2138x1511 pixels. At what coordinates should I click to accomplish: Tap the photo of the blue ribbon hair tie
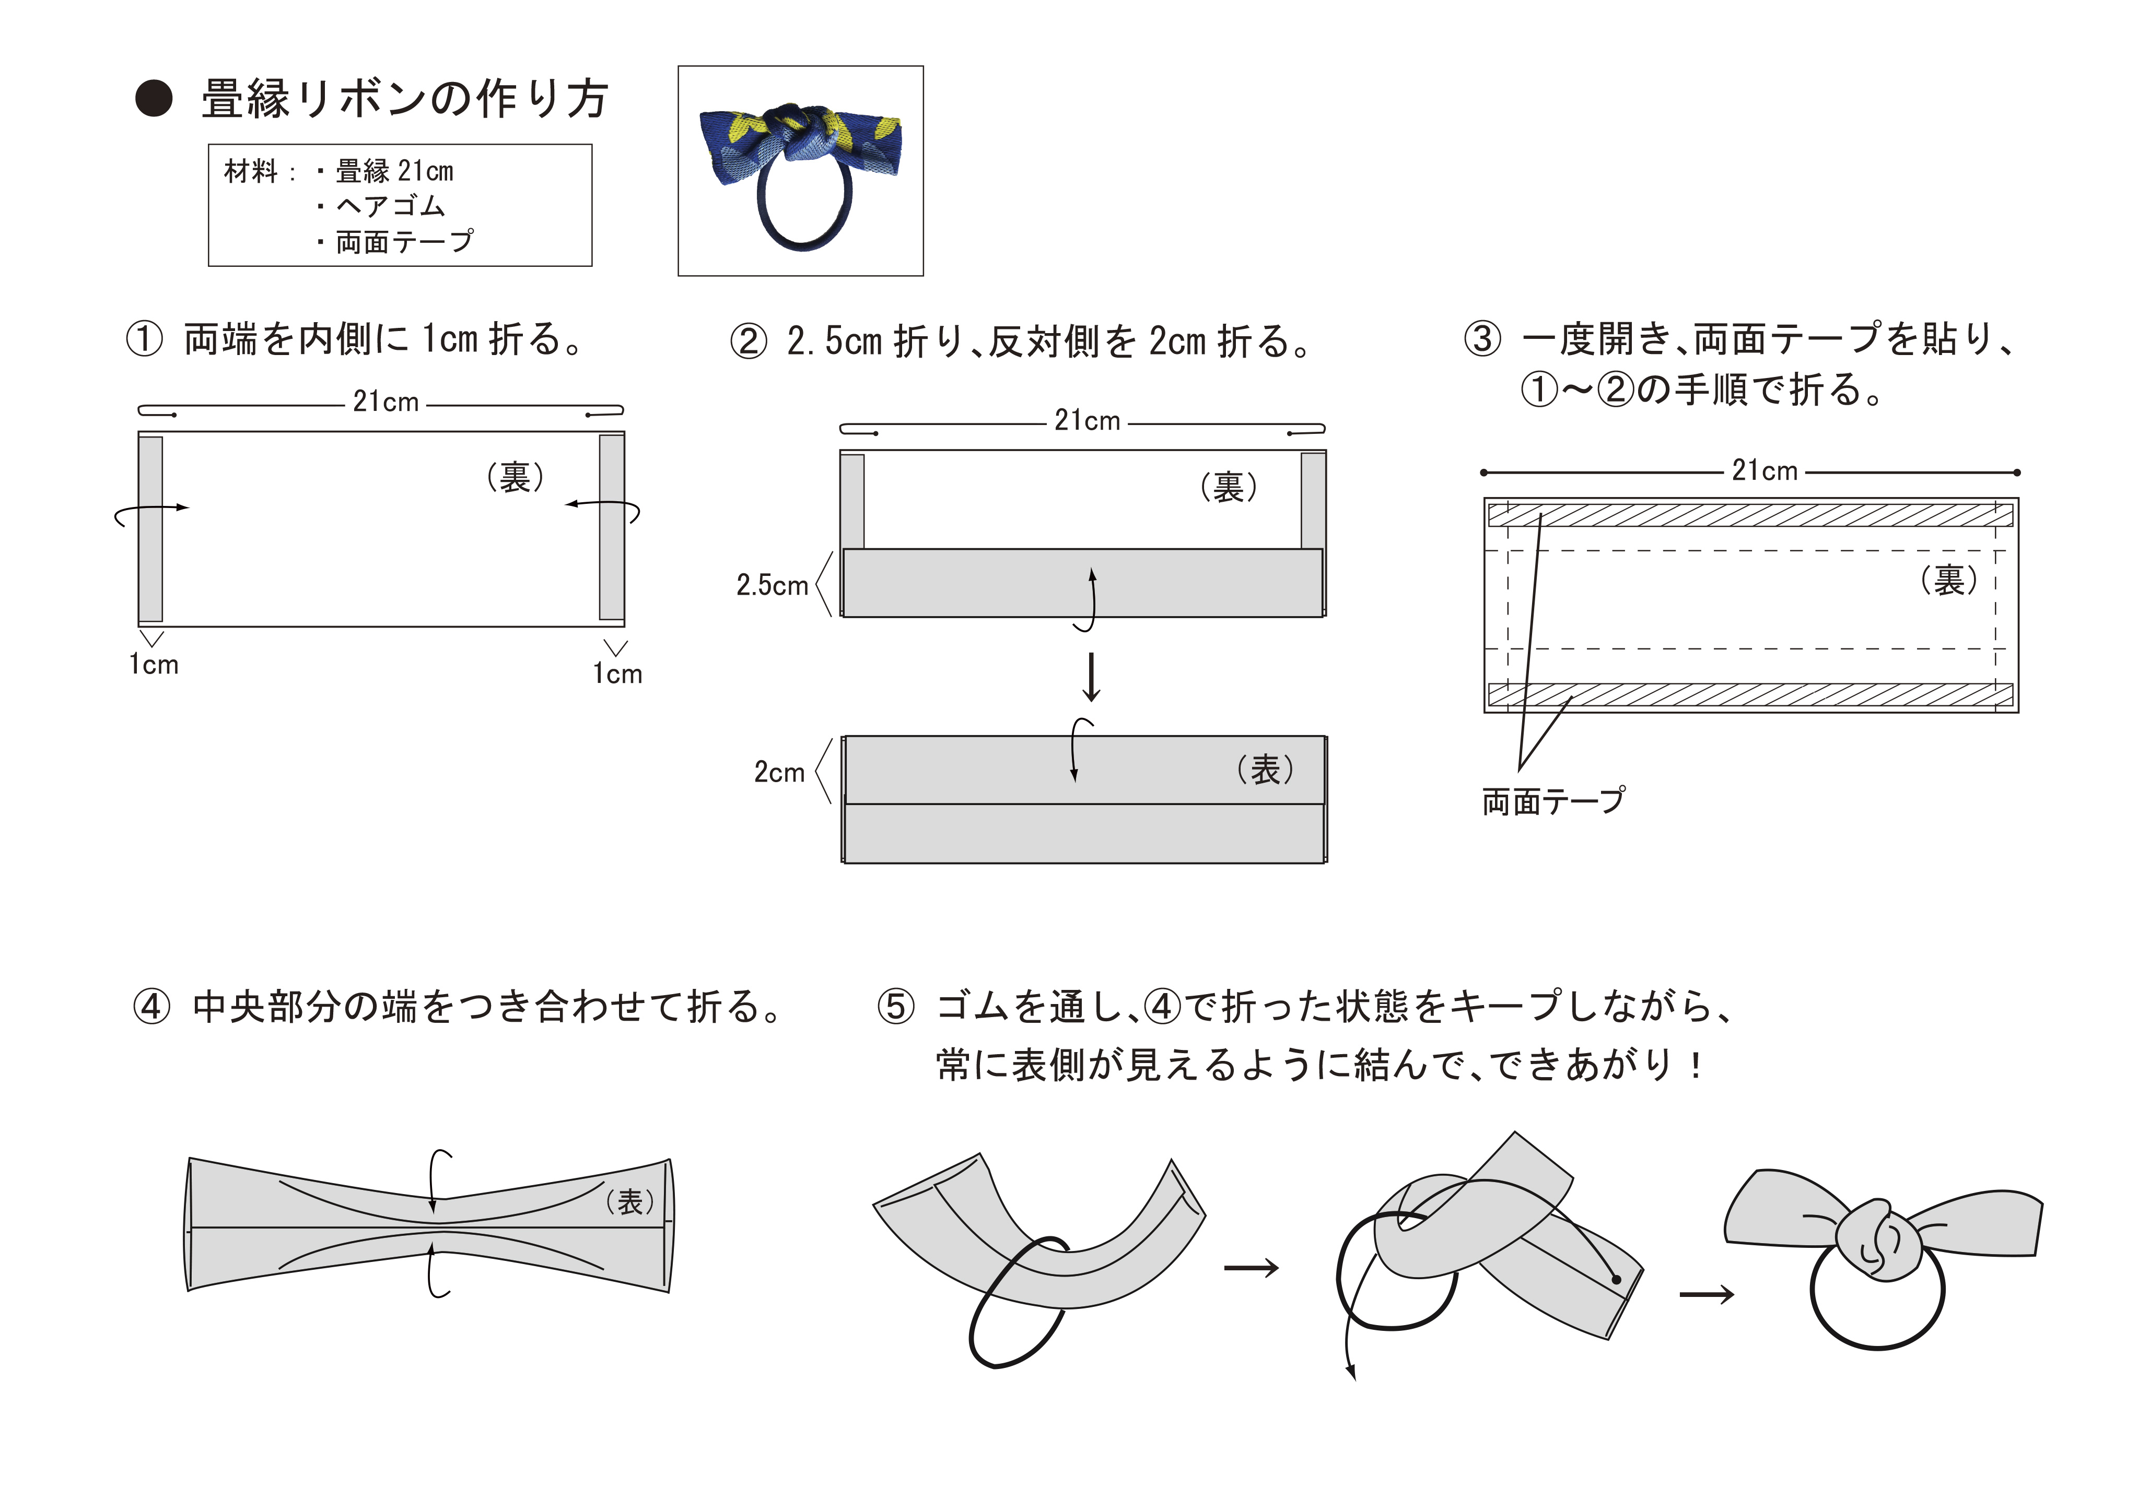tap(800, 170)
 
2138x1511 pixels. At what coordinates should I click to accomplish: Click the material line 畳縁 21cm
tap(394, 171)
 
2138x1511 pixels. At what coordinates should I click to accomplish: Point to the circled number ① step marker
tap(144, 339)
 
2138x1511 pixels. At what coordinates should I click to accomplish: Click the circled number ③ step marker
tap(1482, 339)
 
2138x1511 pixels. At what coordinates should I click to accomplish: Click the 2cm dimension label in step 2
tap(778, 772)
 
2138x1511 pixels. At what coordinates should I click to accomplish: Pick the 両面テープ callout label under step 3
tap(1553, 800)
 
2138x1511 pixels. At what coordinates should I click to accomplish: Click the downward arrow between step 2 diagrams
tap(1091, 677)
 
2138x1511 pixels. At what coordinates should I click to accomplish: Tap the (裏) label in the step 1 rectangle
tap(515, 478)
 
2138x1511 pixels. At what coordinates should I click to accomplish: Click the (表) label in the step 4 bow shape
tap(630, 1202)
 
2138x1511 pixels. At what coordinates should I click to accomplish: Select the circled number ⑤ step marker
tap(896, 1007)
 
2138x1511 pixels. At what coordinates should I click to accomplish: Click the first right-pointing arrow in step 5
tap(1251, 1268)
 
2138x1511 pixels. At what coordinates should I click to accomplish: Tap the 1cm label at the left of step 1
tap(154, 665)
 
